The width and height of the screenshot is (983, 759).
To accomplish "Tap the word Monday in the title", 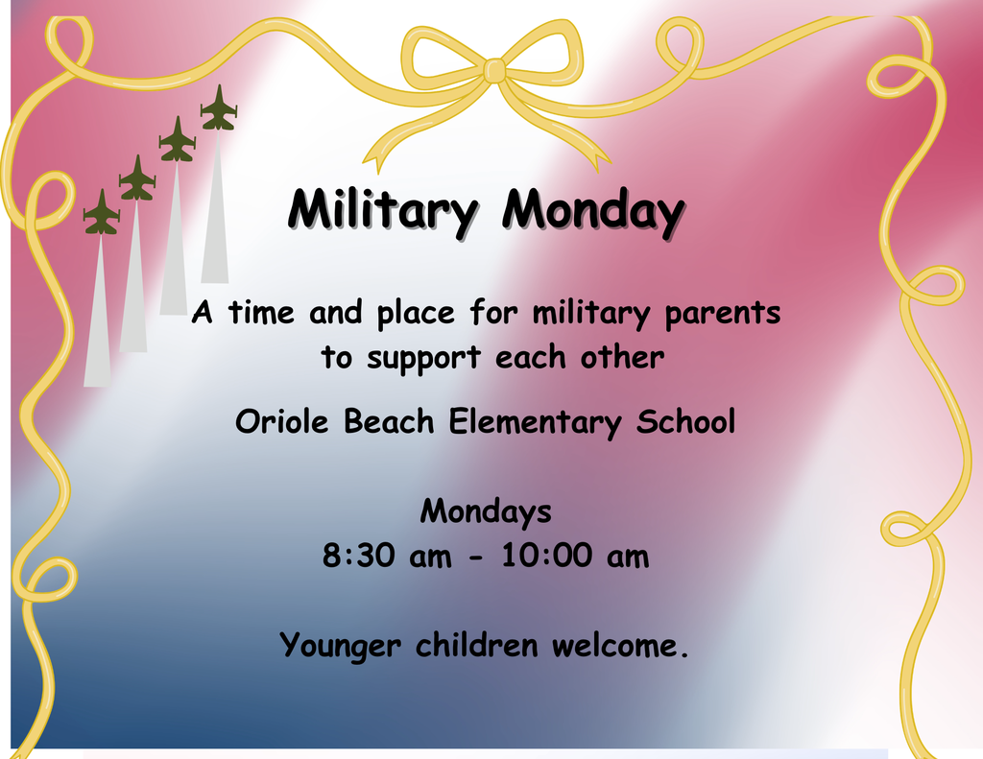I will [594, 210].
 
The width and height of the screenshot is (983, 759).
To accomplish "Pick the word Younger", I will [340, 645].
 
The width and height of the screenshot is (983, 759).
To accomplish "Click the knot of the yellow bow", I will [493, 71].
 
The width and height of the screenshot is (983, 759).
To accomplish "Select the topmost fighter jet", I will [219, 108].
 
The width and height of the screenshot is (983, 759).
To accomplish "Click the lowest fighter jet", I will [101, 213].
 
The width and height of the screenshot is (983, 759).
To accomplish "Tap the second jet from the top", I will [178, 140].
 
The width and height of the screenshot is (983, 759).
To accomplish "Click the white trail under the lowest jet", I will [97, 317].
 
